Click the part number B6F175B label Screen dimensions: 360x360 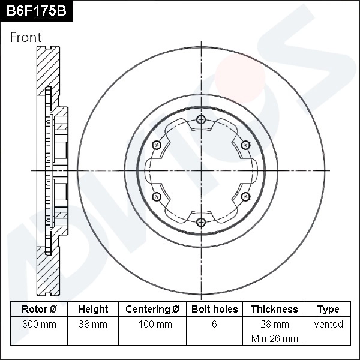click(35, 11)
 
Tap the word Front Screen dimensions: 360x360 click(26, 37)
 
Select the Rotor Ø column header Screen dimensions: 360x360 click(39, 309)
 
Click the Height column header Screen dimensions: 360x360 click(93, 309)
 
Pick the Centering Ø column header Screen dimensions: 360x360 click(152, 309)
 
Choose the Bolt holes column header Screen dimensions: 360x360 click(214, 309)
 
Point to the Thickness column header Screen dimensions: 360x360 click(274, 309)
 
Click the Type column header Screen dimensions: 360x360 click(328, 309)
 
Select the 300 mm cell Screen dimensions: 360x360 click(39, 324)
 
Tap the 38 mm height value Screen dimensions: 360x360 click(93, 324)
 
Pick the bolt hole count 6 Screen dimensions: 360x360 click(214, 324)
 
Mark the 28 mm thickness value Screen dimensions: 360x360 click(274, 324)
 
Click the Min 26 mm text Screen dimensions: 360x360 click(274, 338)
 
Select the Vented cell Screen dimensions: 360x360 click(328, 324)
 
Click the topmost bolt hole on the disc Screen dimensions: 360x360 click(201, 119)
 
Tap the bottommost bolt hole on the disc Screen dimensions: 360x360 click(201, 223)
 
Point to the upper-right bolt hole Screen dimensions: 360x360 click(245, 145)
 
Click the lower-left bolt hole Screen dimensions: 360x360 click(157, 197)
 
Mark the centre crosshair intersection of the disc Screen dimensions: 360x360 click(201, 171)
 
